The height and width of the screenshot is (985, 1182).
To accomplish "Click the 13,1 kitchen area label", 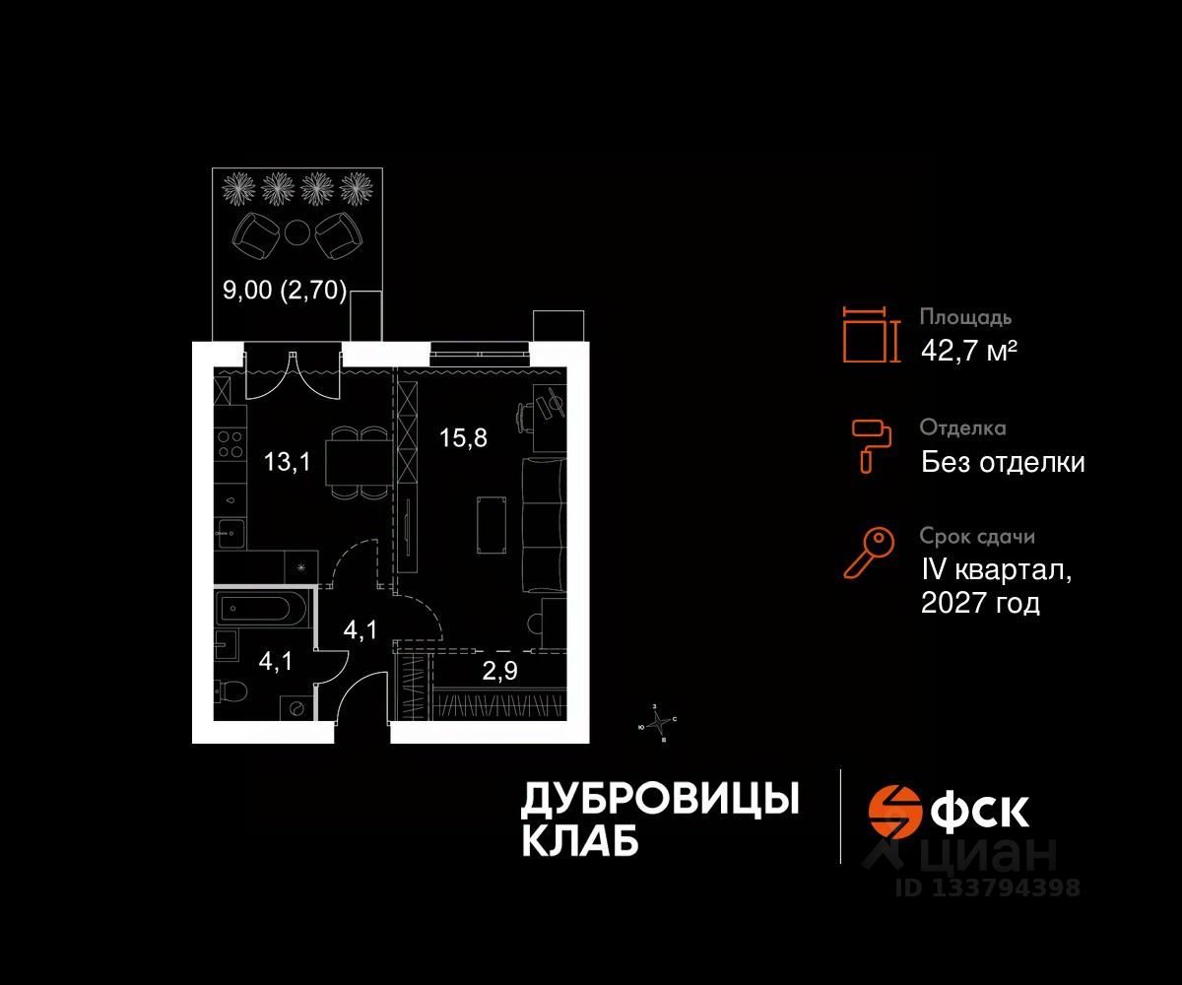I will pyautogui.click(x=288, y=461).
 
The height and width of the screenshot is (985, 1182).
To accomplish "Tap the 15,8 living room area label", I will pyautogui.click(x=463, y=437).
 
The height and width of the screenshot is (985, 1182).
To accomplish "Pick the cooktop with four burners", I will pyautogui.click(x=230, y=445).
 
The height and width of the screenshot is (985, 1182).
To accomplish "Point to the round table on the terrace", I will pyautogui.click(x=297, y=232).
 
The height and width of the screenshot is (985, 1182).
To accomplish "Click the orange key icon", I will pyautogui.click(x=869, y=553).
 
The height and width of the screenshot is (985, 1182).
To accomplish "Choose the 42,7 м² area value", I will pyautogui.click(x=968, y=350).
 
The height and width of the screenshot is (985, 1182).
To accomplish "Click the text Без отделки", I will pyautogui.click(x=1003, y=462).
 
